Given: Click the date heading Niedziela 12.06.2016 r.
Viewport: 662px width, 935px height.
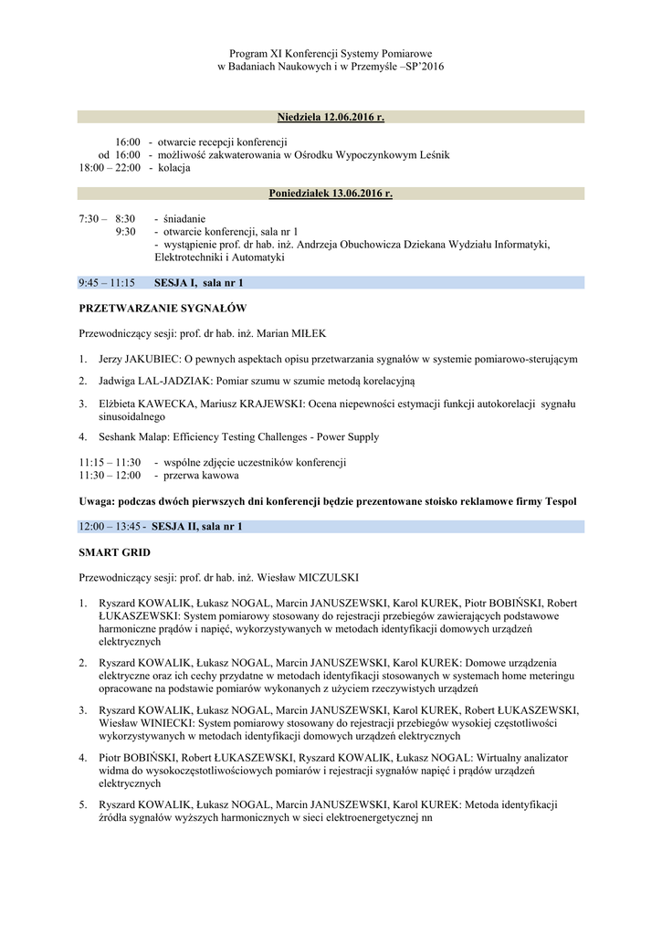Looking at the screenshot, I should click(331, 118).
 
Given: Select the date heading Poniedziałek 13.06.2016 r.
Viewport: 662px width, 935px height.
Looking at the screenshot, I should click(331, 194).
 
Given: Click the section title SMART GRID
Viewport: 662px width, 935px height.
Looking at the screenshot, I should click(115, 553).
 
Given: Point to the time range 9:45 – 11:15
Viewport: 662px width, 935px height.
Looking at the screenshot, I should click(107, 283).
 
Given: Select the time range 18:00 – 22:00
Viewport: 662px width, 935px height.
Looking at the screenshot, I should click(110, 168).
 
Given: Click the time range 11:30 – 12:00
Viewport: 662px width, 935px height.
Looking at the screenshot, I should click(110, 476).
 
